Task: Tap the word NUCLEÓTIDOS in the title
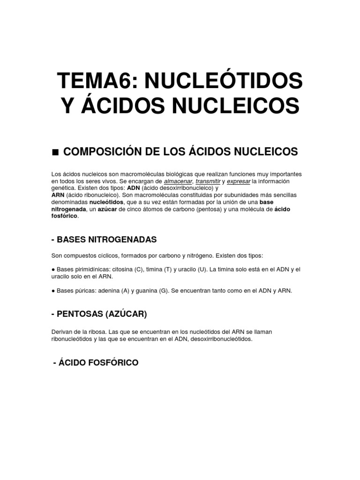point(224,82)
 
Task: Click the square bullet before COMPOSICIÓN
point(55,152)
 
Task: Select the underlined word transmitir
point(208,181)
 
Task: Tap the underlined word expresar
point(239,181)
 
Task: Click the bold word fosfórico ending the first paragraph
point(65,216)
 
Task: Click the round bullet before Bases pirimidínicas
point(53,270)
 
